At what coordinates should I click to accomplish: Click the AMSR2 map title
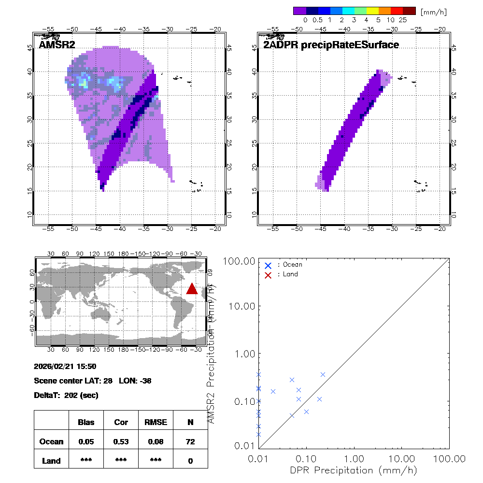[x=57, y=45]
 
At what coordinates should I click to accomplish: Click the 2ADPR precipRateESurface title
[x=331, y=45]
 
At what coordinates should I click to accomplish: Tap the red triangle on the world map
[x=192, y=288]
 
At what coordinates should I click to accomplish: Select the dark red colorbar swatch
[x=409, y=11]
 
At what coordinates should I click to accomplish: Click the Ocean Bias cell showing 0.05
[x=86, y=441]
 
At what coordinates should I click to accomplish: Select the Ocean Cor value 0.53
[x=121, y=441]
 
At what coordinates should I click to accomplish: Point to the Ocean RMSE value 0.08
[x=156, y=441]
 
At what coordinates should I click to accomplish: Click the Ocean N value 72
[x=190, y=441]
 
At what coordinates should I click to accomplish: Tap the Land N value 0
[x=190, y=461]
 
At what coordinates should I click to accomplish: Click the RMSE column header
[x=156, y=422]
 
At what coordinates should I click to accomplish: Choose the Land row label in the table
[x=52, y=461]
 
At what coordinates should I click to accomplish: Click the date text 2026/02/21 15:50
[x=65, y=366]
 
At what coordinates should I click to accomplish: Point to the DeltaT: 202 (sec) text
[x=66, y=395]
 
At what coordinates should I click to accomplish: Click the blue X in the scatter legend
[x=268, y=265]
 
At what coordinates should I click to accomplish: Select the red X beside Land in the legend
[x=268, y=274]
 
